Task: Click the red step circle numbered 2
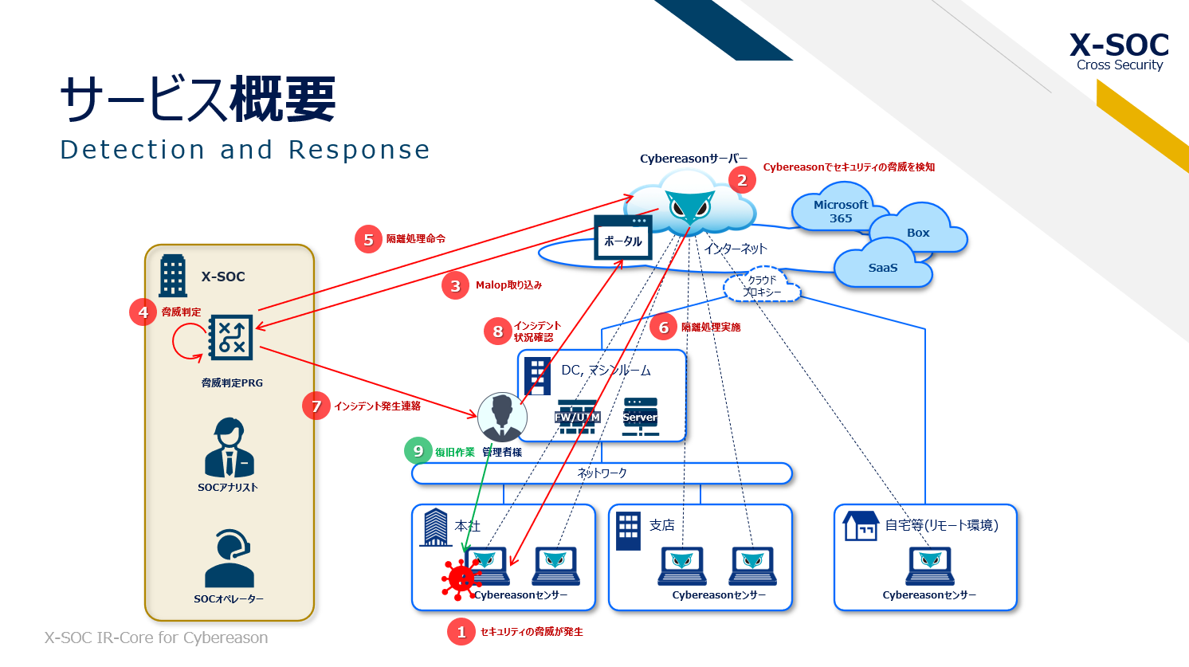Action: pyautogui.click(x=742, y=180)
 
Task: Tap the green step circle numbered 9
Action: pyautogui.click(x=418, y=451)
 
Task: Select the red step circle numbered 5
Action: pyautogui.click(x=368, y=239)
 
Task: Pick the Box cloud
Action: pyautogui.click(x=918, y=232)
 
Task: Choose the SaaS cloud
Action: pyautogui.click(x=882, y=268)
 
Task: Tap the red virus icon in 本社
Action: pyautogui.click(x=461, y=578)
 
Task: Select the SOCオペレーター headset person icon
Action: pyautogui.click(x=229, y=559)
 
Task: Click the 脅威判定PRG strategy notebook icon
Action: pyautogui.click(x=230, y=337)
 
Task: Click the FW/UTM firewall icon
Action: pyautogui.click(x=577, y=417)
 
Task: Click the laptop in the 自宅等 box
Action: pyautogui.click(x=930, y=566)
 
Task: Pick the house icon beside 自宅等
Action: pyautogui.click(x=861, y=526)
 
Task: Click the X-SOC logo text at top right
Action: pyautogui.click(x=1119, y=45)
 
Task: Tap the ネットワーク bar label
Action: pyautogui.click(x=602, y=473)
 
